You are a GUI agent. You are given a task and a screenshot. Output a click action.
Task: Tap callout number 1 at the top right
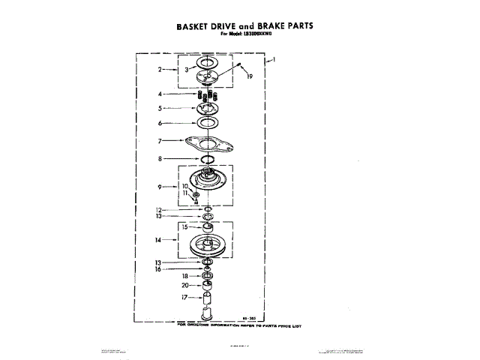pyautogui.click(x=276, y=59)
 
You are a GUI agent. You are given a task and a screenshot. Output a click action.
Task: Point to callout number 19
pyautogui.click(x=249, y=76)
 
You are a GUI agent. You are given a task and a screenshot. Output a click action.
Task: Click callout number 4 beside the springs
pyautogui.click(x=160, y=94)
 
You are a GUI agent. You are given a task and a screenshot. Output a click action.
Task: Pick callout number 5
pyautogui.click(x=160, y=108)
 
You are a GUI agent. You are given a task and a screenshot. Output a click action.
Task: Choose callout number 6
pyautogui.click(x=160, y=122)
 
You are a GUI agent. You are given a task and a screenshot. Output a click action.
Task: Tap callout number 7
pyautogui.click(x=160, y=140)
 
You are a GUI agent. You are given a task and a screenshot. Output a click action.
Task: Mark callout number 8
pyautogui.click(x=160, y=159)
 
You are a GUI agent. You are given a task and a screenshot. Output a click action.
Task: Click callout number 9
pyautogui.click(x=160, y=186)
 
